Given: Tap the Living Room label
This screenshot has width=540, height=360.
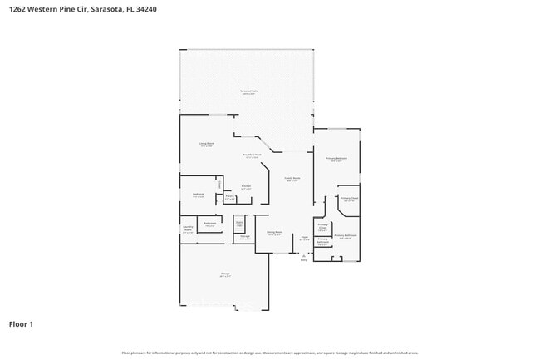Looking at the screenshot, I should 206,145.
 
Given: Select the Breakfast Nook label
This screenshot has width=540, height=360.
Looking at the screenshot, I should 253,155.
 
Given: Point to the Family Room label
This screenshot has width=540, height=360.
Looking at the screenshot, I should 292,179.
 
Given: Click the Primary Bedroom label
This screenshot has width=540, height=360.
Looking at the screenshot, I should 336,159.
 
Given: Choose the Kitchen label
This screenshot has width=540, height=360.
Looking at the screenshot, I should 246,187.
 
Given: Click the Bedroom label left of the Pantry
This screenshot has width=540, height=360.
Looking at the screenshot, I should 199,195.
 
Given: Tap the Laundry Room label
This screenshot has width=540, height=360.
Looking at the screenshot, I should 188,229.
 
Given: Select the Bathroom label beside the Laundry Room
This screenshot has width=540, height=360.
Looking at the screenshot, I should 210,224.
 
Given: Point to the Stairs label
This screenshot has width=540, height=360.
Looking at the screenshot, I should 239,224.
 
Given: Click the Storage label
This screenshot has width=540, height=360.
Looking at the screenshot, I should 245,238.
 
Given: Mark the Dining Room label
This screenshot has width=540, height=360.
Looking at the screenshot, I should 274,234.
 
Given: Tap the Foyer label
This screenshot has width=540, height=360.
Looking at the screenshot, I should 304,239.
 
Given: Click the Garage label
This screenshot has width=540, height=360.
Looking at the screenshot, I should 224,274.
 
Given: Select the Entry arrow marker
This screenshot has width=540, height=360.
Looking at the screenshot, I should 303,256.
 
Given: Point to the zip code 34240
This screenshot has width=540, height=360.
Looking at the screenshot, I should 145,9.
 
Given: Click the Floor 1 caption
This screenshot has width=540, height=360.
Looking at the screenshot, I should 22,323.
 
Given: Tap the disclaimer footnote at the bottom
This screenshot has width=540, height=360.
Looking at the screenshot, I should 269,353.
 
